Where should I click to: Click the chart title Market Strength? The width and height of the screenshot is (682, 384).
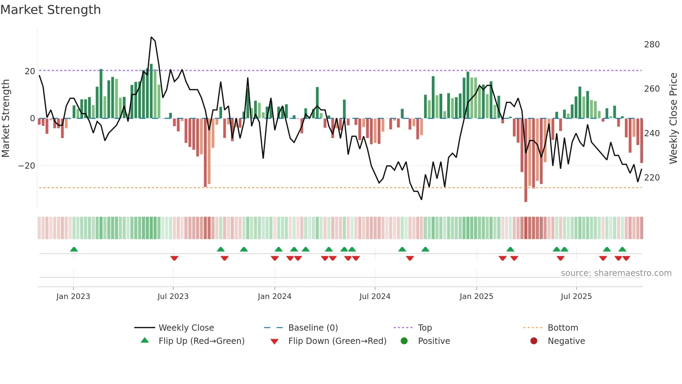click(50, 10)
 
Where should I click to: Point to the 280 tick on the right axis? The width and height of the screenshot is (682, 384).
click(652, 45)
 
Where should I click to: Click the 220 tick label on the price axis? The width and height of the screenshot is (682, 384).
click(652, 178)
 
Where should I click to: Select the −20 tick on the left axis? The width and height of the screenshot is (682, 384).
click(27, 166)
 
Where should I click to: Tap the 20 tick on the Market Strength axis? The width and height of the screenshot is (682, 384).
click(30, 71)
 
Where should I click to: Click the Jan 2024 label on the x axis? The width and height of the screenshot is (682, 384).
click(275, 297)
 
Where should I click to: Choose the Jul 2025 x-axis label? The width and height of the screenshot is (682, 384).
click(576, 297)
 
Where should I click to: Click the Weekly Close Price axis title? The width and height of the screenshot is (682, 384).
click(674, 118)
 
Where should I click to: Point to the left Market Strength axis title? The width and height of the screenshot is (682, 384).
click(6, 118)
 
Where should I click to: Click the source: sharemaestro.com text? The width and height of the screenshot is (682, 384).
click(616, 273)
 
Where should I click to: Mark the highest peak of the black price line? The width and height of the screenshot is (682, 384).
click(151, 37)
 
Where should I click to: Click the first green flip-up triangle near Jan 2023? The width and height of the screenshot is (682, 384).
click(74, 249)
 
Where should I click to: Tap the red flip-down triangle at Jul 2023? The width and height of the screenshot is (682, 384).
click(174, 258)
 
